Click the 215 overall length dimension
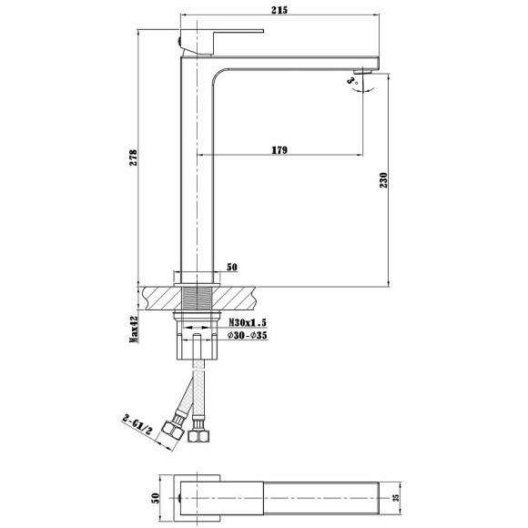coord(279,9)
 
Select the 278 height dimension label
coord(133,156)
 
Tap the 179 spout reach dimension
coord(279,150)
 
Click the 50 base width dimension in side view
coord(231,267)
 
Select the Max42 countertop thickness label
coord(133,330)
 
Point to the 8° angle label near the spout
coord(351,81)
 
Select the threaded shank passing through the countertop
coord(196,299)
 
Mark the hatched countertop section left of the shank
coord(164,297)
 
